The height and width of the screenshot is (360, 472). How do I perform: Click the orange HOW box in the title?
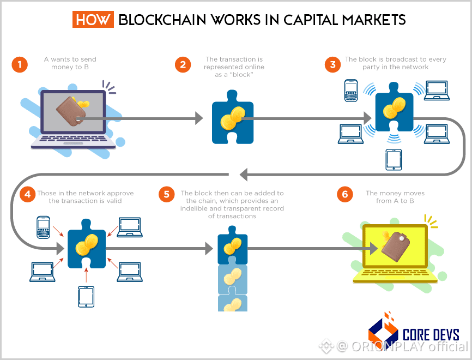point(93,20)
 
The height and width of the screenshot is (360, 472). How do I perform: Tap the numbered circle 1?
point(20,64)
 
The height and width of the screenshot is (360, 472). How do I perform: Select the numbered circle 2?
point(183,64)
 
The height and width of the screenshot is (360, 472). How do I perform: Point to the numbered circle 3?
point(331,64)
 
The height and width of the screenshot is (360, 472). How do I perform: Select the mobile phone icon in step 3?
point(352,91)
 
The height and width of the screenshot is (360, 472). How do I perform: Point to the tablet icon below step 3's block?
point(394,159)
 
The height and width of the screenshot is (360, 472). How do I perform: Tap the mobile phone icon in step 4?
point(43,226)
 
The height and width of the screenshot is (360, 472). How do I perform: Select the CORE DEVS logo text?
point(431,333)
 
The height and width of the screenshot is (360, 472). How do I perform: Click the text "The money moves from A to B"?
point(395,197)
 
